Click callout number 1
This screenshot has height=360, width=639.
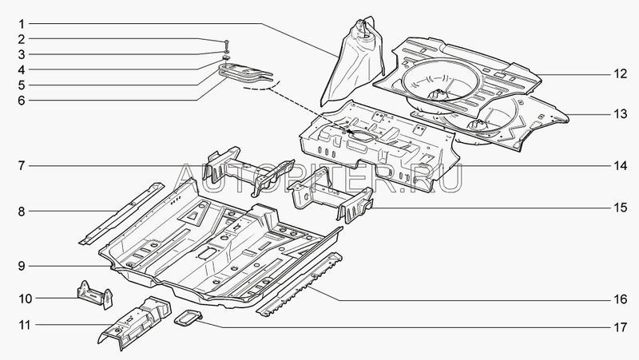(23, 22)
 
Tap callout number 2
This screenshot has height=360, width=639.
(23, 38)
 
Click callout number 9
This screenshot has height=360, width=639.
(23, 265)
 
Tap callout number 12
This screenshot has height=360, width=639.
(620, 74)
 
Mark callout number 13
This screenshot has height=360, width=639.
(620, 115)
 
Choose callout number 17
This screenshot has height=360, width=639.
(620, 327)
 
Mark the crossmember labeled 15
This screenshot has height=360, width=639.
(331, 200)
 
